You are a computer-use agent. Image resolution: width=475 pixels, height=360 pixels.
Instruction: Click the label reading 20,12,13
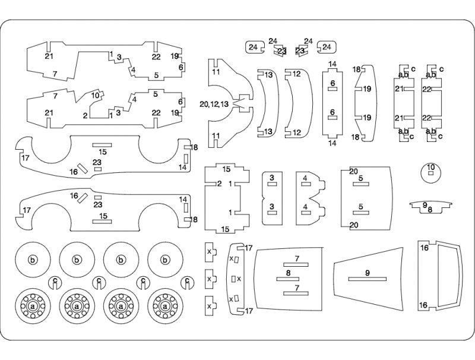[214, 104]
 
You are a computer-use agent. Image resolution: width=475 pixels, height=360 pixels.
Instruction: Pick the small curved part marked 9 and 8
[429, 207]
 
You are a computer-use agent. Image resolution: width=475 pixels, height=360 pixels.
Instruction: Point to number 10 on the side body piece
[95, 95]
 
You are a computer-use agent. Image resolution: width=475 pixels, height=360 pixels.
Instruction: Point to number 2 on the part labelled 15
[219, 184]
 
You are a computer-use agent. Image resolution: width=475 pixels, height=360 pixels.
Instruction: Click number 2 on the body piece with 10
[85, 115]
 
